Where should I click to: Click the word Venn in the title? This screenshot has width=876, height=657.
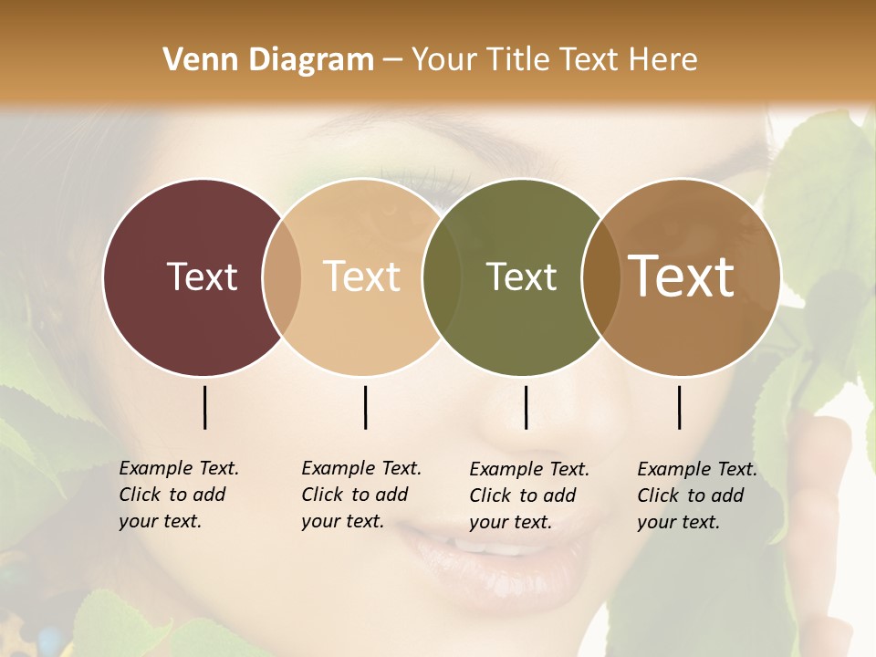[194, 60]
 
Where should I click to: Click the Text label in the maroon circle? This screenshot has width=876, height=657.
[202, 276]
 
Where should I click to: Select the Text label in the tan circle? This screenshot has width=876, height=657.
[362, 276]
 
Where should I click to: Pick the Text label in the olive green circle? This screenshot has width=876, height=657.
[521, 276]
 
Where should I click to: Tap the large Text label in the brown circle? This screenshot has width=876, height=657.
[682, 276]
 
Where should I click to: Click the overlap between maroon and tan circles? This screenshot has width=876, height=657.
[282, 276]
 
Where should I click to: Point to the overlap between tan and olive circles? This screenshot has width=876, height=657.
[442, 276]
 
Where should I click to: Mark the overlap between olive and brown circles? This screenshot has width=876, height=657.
[600, 276]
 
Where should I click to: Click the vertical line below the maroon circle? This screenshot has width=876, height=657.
[204, 407]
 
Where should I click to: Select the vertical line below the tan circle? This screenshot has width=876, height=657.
[365, 407]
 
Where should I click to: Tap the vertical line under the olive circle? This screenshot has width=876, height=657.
[526, 407]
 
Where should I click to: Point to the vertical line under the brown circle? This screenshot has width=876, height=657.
[680, 407]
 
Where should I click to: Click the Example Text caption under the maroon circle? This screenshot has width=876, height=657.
[178, 495]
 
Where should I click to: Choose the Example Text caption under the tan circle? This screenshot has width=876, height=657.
[360, 495]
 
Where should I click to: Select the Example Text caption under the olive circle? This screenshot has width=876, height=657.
[528, 495]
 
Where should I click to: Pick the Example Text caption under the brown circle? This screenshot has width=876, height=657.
[696, 495]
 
